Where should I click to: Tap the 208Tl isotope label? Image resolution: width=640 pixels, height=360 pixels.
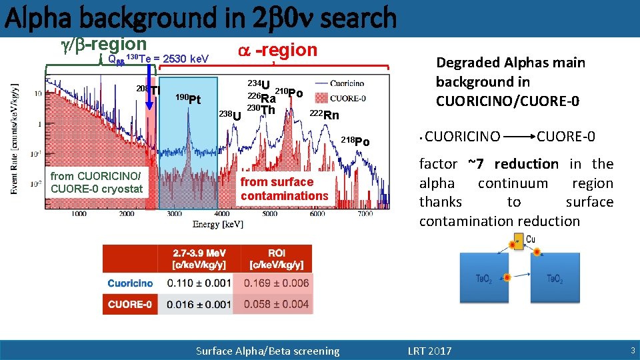coord(149,90)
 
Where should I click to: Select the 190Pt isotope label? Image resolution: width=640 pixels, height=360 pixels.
coord(188,99)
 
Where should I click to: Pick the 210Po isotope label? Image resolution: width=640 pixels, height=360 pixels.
coord(289,92)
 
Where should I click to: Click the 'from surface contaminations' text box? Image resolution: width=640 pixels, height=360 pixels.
coord(285,189)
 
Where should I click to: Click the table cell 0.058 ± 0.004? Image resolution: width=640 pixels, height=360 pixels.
coord(276,305)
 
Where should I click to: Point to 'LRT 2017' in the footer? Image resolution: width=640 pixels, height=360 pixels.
coord(429,351)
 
